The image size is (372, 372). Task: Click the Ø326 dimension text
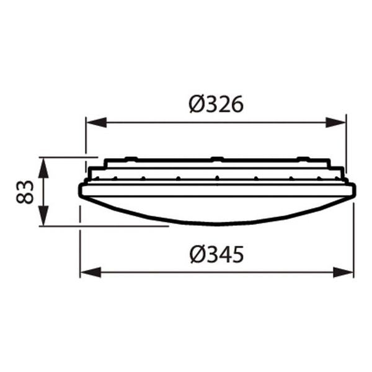(216, 105)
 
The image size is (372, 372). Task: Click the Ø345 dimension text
(216, 254)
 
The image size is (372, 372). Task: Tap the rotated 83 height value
(24, 192)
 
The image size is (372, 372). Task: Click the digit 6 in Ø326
(236, 105)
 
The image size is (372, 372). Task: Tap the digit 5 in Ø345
(236, 254)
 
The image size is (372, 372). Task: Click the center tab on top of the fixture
(216, 158)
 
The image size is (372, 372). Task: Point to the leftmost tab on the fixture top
(131, 158)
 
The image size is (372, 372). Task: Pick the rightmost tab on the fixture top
(303, 158)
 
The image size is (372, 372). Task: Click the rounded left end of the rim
(81, 190)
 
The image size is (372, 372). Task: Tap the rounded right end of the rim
(353, 190)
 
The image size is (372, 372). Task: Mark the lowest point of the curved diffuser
(217, 224)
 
